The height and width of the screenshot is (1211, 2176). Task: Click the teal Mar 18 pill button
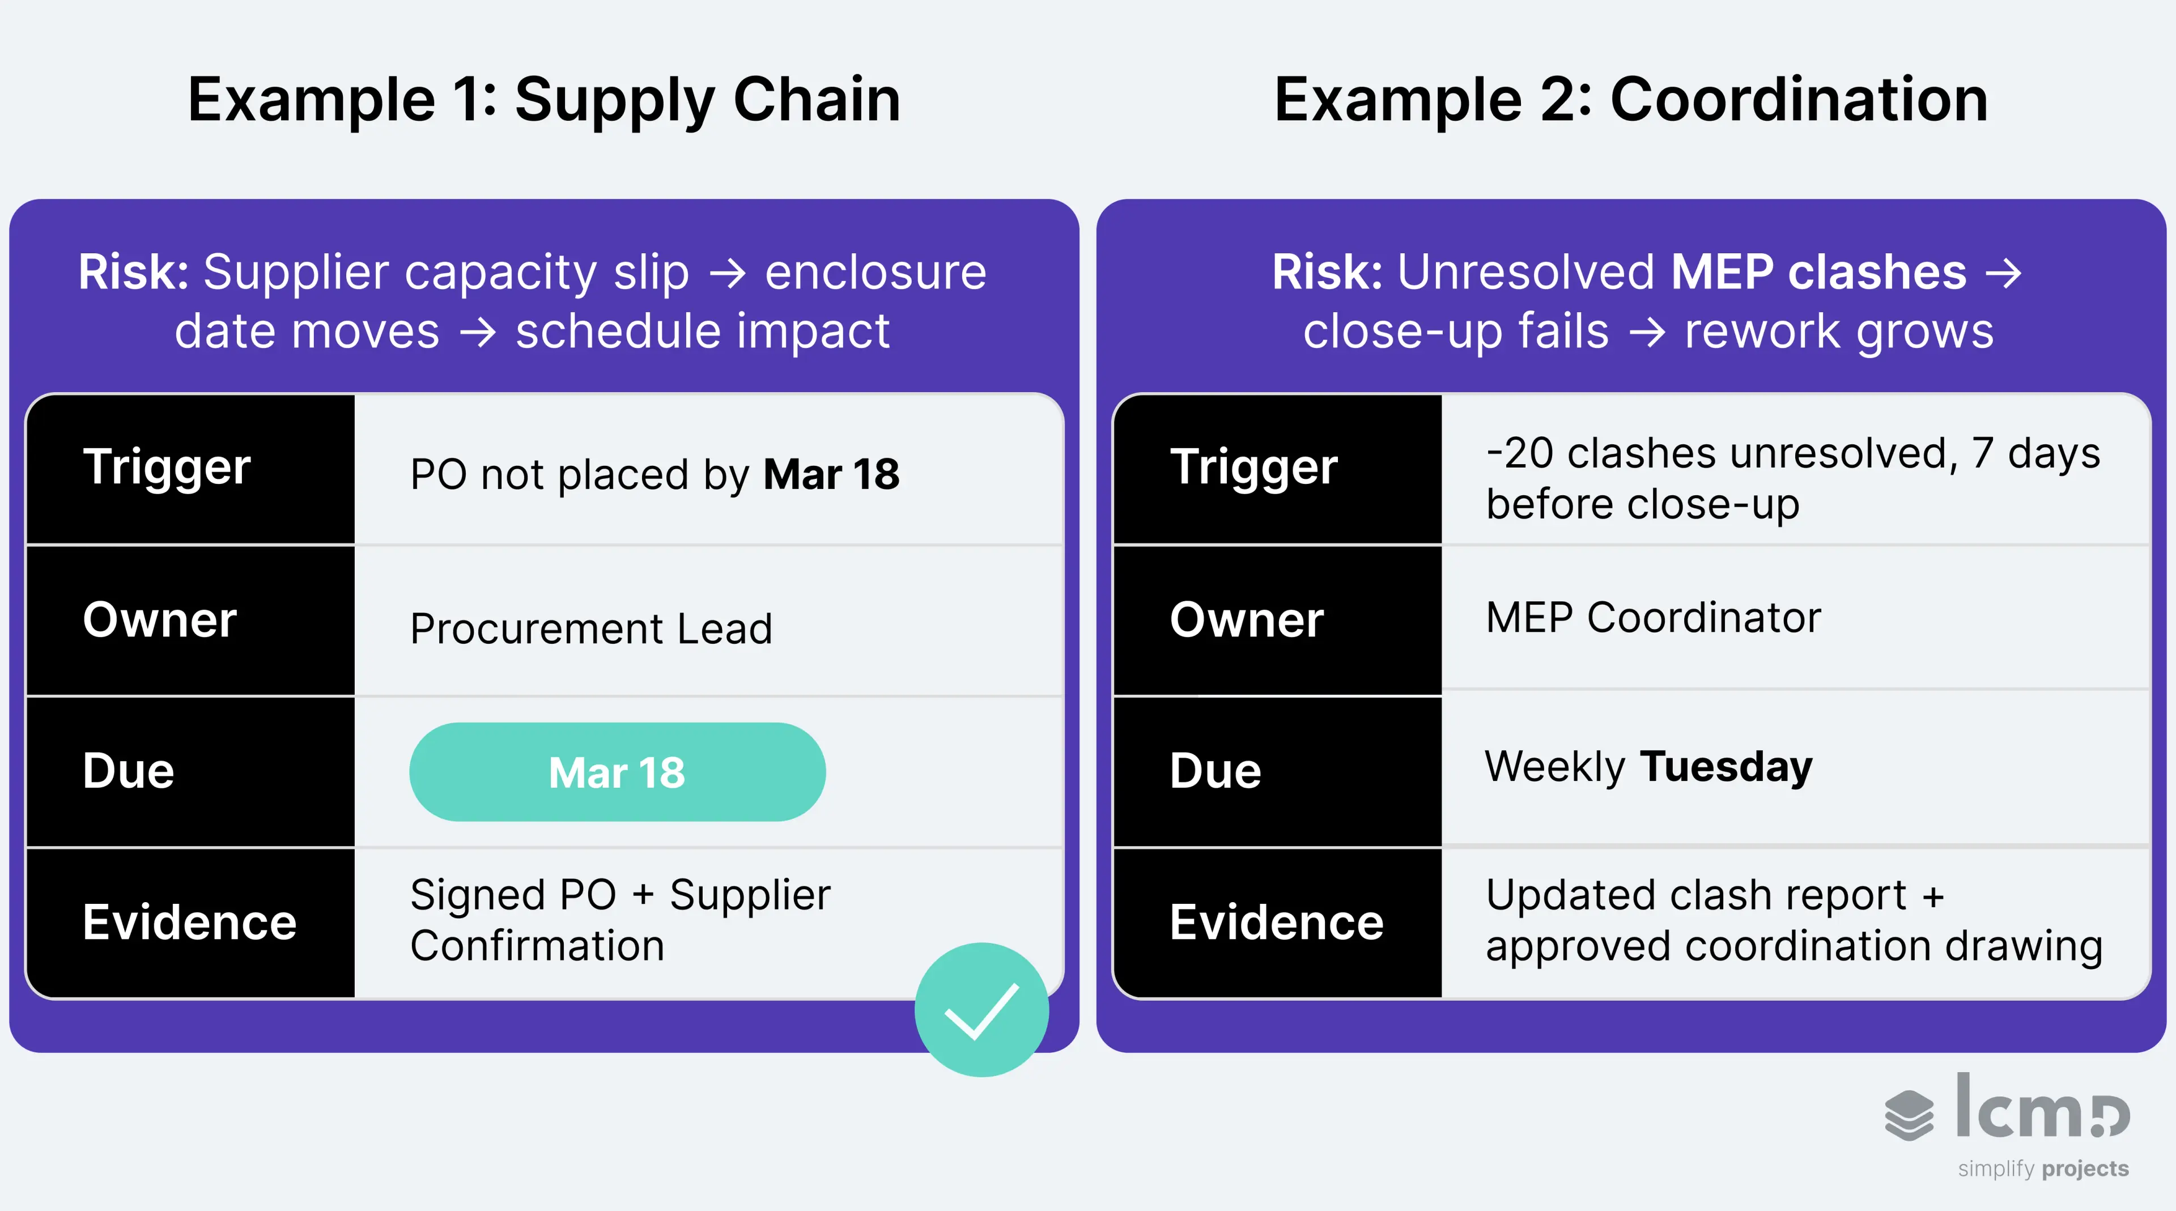(x=617, y=772)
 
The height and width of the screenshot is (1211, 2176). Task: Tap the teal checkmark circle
(x=981, y=1009)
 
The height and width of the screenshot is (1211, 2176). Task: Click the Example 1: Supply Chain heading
(x=543, y=100)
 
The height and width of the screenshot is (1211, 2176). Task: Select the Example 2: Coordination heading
(x=1630, y=100)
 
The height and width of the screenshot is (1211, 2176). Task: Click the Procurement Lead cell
(x=591, y=628)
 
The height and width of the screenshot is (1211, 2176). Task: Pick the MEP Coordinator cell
(x=1653, y=617)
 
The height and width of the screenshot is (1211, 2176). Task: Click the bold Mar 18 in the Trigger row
(x=831, y=474)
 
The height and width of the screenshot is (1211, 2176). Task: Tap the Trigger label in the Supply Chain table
(x=167, y=467)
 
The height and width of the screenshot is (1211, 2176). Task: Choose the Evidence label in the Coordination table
(x=1276, y=921)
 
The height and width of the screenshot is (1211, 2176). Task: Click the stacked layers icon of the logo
(x=1908, y=1115)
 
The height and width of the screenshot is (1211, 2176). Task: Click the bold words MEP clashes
(x=1818, y=272)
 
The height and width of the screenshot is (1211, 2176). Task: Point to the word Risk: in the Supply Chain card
(x=134, y=272)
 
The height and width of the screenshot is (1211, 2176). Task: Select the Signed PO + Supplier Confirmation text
(x=620, y=920)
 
